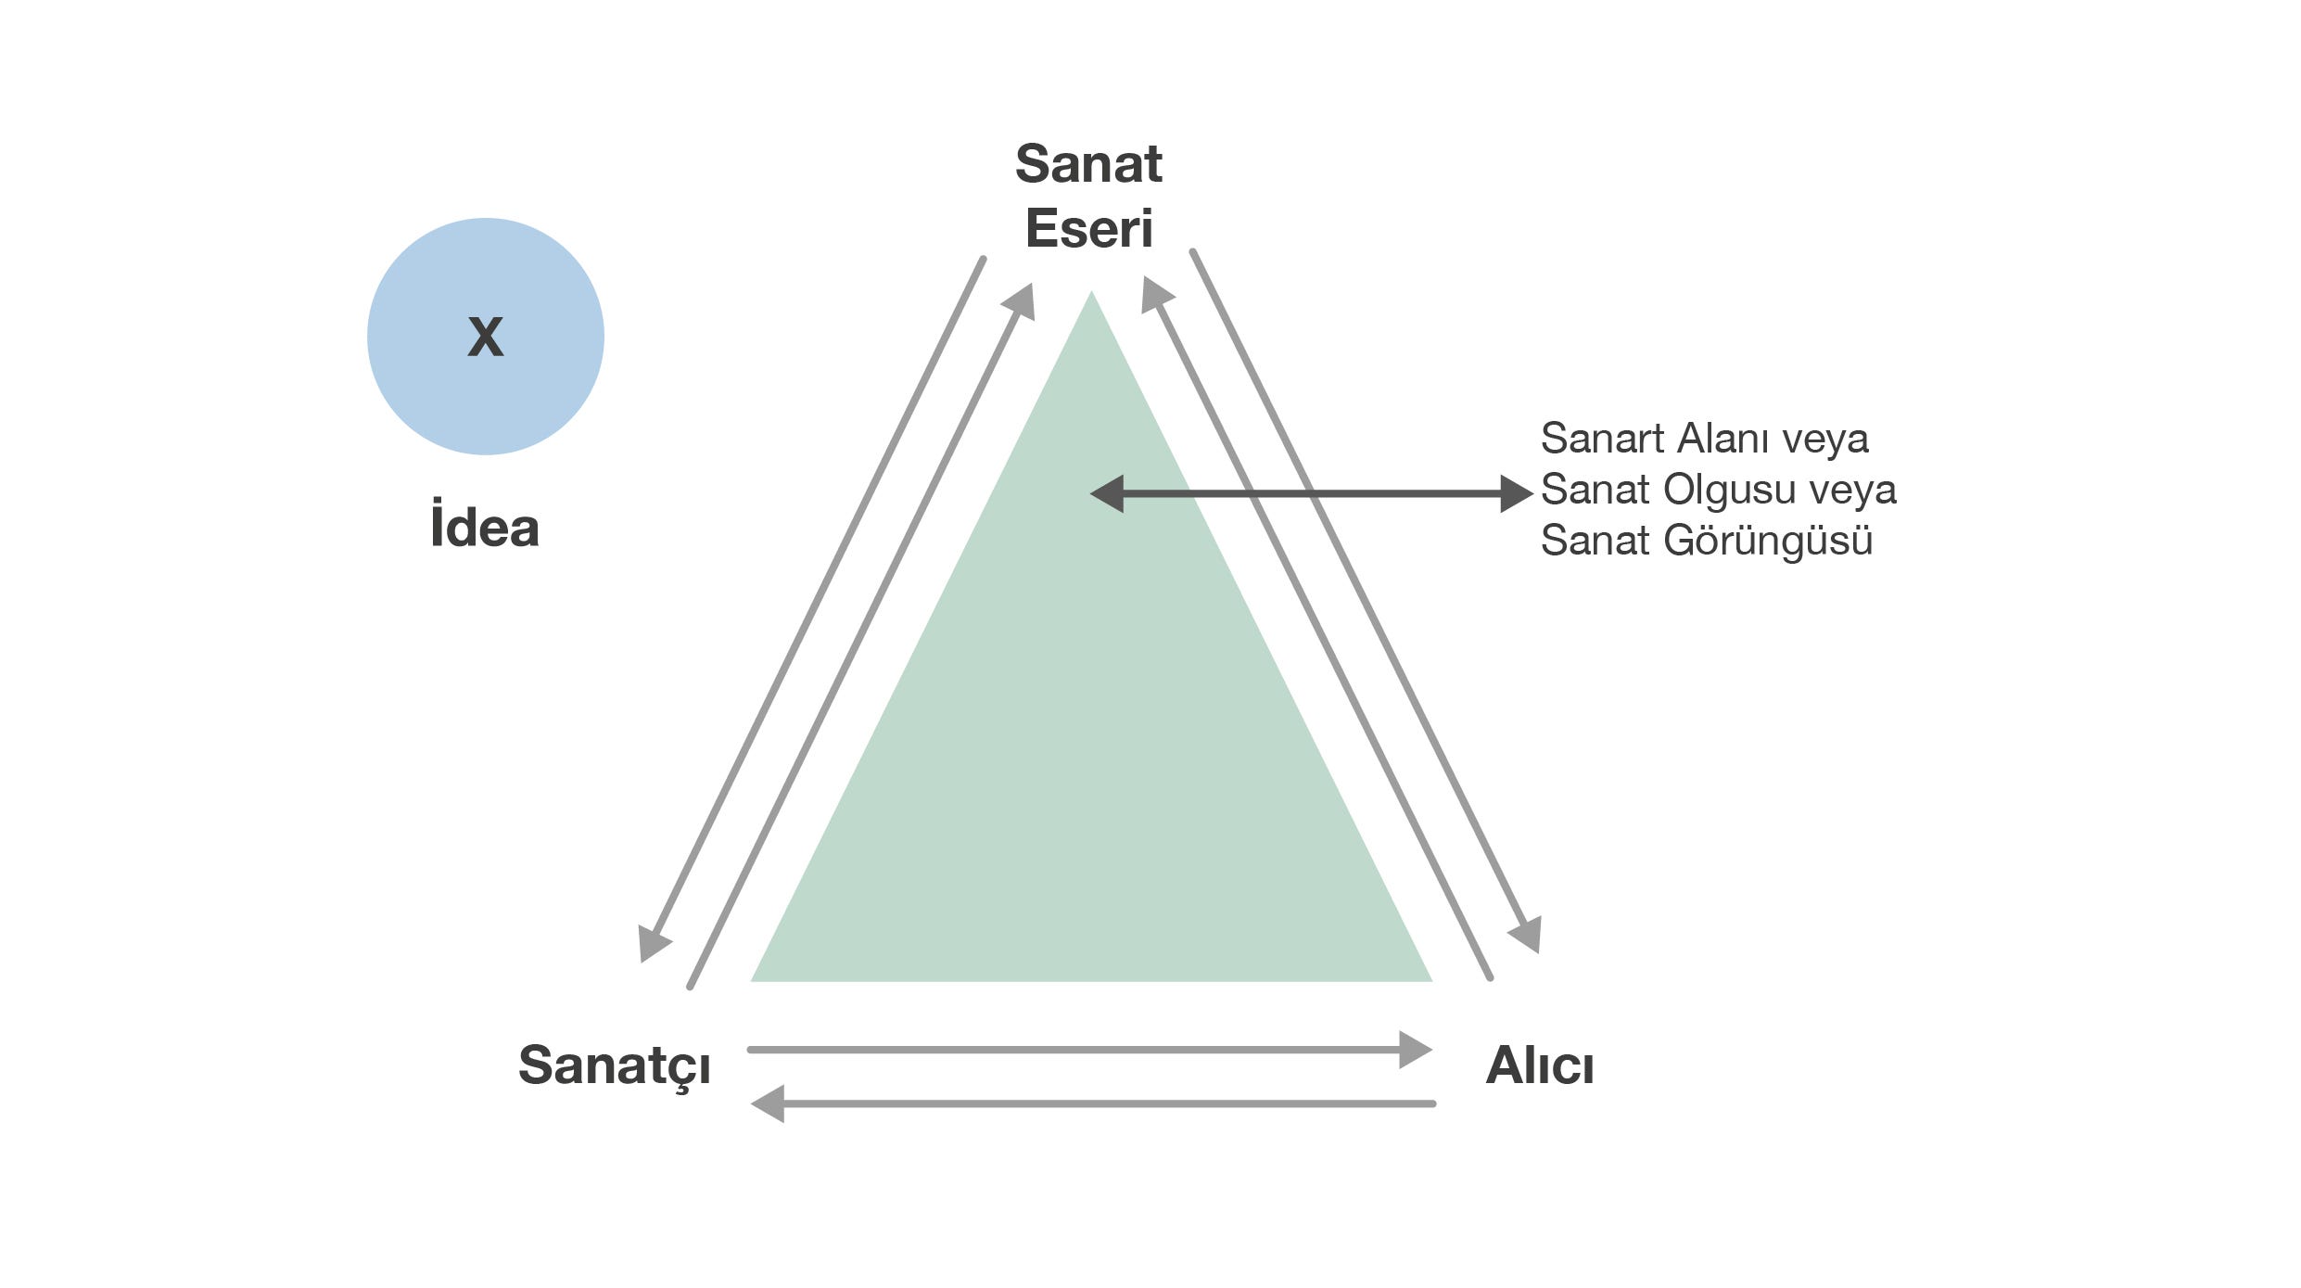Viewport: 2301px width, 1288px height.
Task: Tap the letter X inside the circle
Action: [x=485, y=336]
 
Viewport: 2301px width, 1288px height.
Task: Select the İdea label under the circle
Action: [x=484, y=527]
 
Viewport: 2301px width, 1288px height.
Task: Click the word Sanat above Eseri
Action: [x=1088, y=164]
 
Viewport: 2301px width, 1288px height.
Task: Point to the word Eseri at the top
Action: [x=1088, y=228]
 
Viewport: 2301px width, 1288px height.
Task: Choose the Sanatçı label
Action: [x=614, y=1065]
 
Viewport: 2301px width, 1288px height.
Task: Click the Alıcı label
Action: [x=1540, y=1065]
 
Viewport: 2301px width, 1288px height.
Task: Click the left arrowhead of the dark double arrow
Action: [x=1107, y=493]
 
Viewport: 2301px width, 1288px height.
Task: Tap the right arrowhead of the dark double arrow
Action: [x=1515, y=493]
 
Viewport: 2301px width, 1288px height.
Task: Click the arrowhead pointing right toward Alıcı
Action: [x=1415, y=1050]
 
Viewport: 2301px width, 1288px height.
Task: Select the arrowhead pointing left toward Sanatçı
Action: [x=769, y=1103]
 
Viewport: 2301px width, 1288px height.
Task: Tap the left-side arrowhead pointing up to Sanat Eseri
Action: [x=1021, y=300]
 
